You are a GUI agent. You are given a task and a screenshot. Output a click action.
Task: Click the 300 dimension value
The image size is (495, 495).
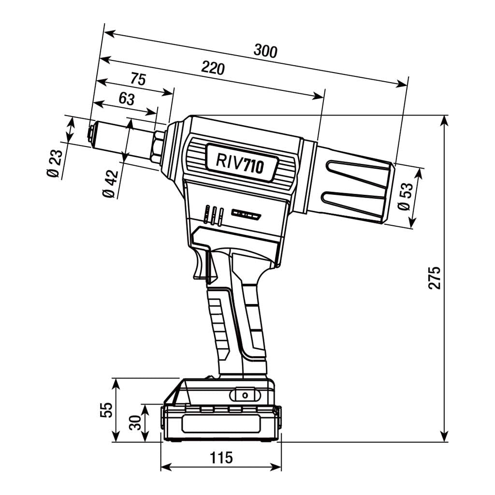pos(266,51)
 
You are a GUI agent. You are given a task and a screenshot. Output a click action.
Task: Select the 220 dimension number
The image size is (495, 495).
pos(213,68)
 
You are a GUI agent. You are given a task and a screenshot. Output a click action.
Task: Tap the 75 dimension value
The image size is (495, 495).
pos(138,79)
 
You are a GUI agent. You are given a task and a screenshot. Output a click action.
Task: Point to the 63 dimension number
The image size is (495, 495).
pos(126,99)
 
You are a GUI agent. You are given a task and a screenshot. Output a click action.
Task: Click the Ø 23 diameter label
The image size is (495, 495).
pos(55,165)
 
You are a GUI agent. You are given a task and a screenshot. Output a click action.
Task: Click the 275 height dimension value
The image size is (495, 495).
pos(435,277)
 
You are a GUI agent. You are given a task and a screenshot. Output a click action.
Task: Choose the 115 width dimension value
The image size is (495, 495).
pos(220,457)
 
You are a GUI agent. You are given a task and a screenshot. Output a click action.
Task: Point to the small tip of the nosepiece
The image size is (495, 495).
pos(90,131)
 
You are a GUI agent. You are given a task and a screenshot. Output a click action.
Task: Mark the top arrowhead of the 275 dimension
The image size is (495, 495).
pos(444,121)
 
